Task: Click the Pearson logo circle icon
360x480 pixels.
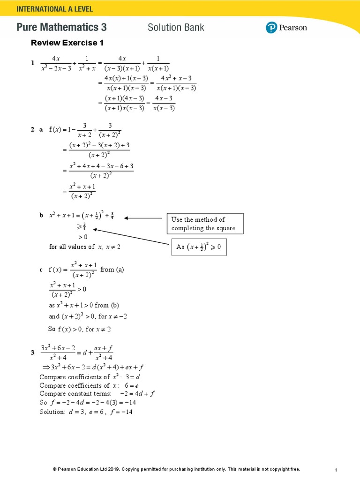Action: tap(272, 28)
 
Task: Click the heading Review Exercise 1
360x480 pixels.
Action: tap(67, 43)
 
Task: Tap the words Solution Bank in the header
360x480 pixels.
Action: tap(176, 27)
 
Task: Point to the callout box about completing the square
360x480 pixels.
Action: tap(205, 224)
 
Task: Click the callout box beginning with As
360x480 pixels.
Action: tap(199, 247)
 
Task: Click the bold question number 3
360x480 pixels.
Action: tap(32, 352)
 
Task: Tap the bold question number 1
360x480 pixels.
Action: tap(32, 63)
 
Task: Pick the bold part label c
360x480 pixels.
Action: tap(41, 270)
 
